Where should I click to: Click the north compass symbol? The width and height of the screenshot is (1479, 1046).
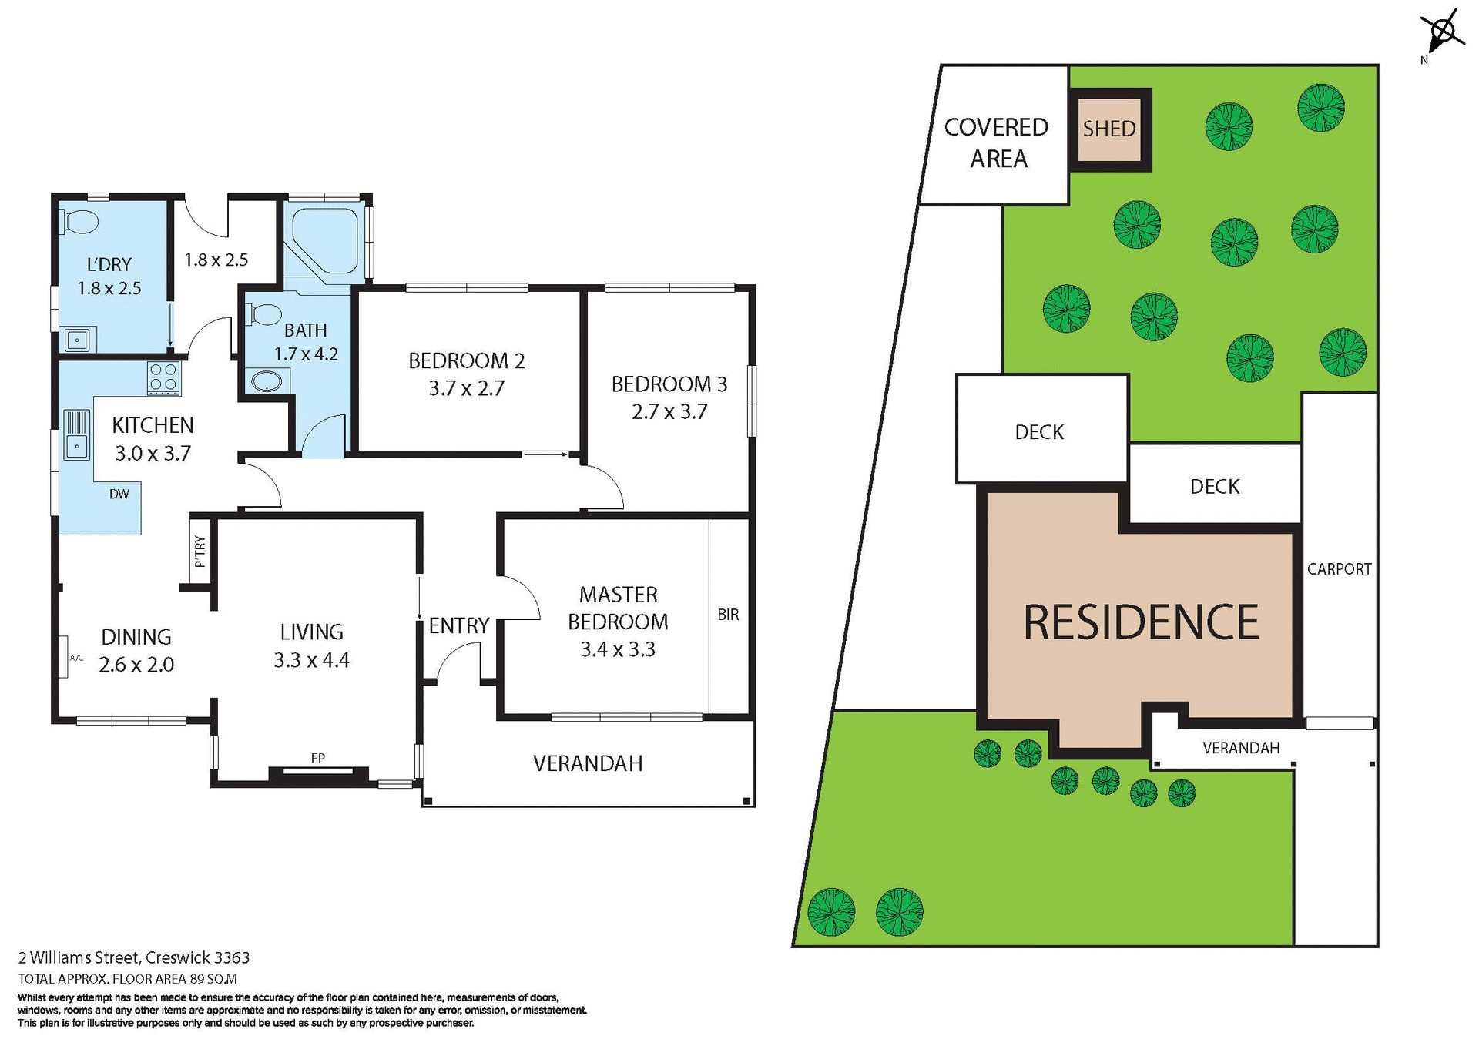click(1443, 33)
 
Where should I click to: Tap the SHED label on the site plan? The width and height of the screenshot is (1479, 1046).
click(1108, 129)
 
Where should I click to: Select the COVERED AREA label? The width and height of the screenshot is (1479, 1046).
click(997, 142)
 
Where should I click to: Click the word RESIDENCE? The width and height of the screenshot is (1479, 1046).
click(1140, 622)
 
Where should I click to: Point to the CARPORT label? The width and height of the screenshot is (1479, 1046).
click(1339, 569)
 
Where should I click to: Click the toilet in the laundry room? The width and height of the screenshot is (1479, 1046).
click(79, 222)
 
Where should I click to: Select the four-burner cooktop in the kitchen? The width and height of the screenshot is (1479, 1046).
click(164, 377)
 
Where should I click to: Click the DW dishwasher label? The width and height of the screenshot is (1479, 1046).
click(119, 495)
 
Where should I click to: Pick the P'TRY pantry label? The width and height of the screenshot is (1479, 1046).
click(200, 551)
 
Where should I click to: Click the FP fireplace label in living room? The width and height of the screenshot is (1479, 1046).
click(317, 759)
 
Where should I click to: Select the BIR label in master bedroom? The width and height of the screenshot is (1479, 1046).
click(727, 615)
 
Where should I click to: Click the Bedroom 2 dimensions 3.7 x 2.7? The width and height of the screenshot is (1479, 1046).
click(466, 388)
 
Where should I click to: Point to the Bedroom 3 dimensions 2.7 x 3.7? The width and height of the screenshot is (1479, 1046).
click(669, 412)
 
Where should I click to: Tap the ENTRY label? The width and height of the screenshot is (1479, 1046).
click(458, 625)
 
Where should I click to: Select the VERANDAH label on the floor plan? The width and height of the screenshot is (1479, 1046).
click(587, 763)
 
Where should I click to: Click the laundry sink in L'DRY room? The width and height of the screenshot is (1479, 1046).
click(77, 339)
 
